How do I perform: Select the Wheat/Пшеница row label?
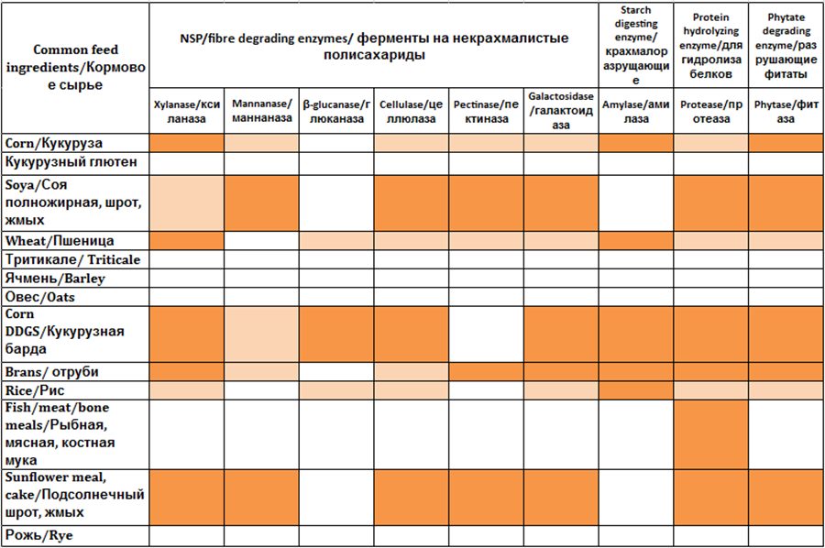(59, 241)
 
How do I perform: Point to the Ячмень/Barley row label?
(55, 279)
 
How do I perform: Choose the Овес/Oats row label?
(42, 297)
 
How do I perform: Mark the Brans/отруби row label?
(51, 372)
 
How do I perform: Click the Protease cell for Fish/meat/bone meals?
(710, 434)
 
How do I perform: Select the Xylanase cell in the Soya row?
(187, 203)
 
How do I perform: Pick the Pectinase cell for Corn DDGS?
(487, 334)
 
